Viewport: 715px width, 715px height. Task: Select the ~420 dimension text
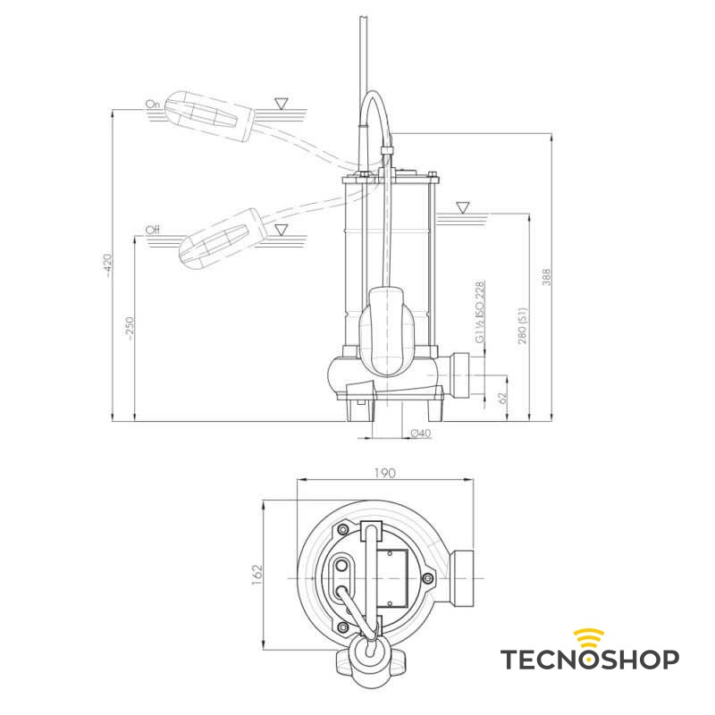(x=107, y=264)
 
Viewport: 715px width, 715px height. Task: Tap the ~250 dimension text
(x=130, y=328)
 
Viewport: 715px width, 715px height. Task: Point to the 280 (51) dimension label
(x=523, y=326)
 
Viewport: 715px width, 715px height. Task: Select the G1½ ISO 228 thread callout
(x=480, y=313)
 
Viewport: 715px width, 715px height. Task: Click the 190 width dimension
(x=385, y=473)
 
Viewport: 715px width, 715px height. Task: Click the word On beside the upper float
(x=152, y=105)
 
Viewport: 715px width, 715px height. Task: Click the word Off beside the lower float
(x=153, y=231)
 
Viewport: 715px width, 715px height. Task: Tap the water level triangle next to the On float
(x=282, y=104)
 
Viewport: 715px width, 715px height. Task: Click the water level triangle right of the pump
(x=462, y=207)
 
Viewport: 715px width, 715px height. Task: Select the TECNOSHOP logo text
(x=589, y=660)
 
